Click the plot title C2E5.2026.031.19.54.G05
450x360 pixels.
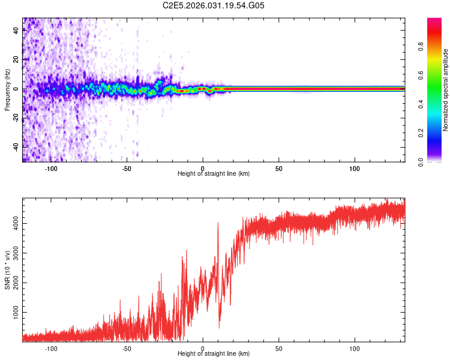(x=214, y=5)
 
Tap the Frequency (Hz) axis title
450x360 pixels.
(x=7, y=90)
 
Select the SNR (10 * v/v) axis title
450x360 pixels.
(x=7, y=270)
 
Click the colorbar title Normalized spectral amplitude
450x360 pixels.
(x=445, y=90)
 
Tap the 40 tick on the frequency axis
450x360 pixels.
(x=16, y=31)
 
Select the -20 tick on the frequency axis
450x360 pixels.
(x=16, y=118)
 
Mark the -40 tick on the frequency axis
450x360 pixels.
(x=16, y=147)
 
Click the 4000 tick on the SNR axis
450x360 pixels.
(x=16, y=224)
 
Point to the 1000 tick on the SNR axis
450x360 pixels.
(x=16, y=313)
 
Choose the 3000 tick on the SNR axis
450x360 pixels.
(x=16, y=253)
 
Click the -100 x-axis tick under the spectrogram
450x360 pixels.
(x=51, y=169)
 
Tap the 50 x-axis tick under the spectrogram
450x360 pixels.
(x=278, y=169)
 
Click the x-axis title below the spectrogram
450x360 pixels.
(x=214, y=174)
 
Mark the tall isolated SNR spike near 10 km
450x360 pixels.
(x=218, y=225)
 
